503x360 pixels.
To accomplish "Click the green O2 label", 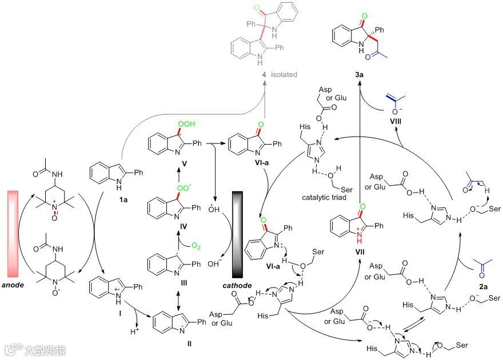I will (197, 247).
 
